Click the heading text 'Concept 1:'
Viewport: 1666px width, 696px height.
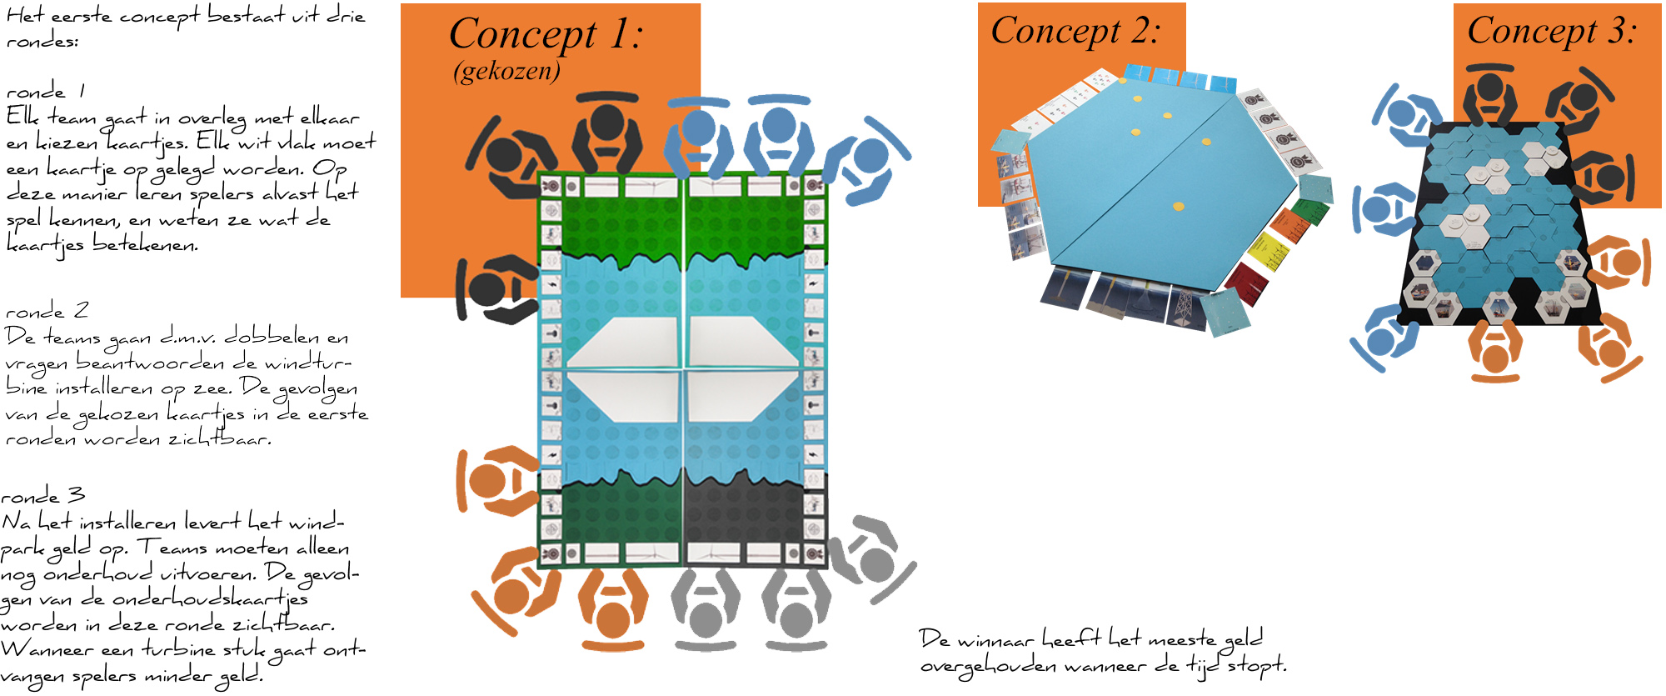tap(546, 35)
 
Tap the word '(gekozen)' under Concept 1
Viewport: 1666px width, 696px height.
tap(506, 72)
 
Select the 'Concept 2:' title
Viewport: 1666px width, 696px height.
tap(1075, 32)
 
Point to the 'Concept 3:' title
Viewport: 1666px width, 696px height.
tap(1551, 32)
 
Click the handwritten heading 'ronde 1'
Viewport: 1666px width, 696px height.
tap(45, 91)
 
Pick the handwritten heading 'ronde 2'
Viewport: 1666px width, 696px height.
tap(47, 312)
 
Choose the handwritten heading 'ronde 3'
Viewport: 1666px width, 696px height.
tap(42, 496)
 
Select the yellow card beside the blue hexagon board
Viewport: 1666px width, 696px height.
tap(1269, 249)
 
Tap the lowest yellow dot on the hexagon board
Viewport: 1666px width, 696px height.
tap(1178, 206)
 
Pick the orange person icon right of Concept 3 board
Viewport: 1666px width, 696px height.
tap(1619, 262)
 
